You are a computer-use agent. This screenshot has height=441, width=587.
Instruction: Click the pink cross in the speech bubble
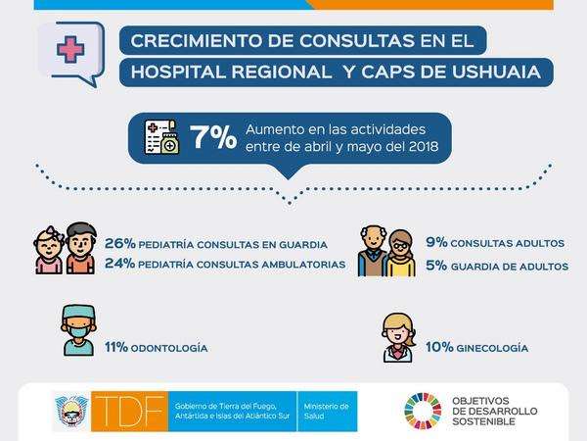click(x=70, y=49)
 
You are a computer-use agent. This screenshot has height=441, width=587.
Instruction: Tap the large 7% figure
click(x=213, y=137)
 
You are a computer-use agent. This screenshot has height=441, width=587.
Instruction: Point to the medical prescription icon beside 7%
click(x=161, y=137)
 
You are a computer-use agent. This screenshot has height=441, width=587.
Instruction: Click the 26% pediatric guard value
click(x=119, y=243)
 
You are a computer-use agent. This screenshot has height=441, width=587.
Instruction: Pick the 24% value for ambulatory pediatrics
click(x=119, y=263)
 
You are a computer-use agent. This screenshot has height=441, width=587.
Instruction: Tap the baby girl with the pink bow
click(x=49, y=250)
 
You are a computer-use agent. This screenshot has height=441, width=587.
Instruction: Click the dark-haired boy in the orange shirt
click(x=81, y=248)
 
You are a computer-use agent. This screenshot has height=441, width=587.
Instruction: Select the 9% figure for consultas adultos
click(x=436, y=242)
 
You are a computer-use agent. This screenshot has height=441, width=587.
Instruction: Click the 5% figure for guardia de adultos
click(x=436, y=266)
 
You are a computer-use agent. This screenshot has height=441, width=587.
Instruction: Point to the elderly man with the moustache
click(x=373, y=251)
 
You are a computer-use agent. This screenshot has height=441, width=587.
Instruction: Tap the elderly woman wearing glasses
click(x=401, y=253)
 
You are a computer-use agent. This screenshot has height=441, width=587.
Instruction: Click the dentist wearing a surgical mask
click(x=78, y=330)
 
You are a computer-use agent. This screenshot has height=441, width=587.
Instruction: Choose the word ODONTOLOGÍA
click(x=169, y=348)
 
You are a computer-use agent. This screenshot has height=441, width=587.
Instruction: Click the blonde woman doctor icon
click(x=399, y=337)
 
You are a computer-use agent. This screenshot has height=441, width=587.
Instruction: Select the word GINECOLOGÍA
click(x=492, y=348)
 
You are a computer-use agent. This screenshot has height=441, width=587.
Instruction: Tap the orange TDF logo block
click(x=129, y=412)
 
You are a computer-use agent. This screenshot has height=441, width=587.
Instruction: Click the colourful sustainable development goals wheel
click(x=423, y=411)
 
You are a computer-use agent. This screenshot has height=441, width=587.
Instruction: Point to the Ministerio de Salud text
click(x=326, y=411)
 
